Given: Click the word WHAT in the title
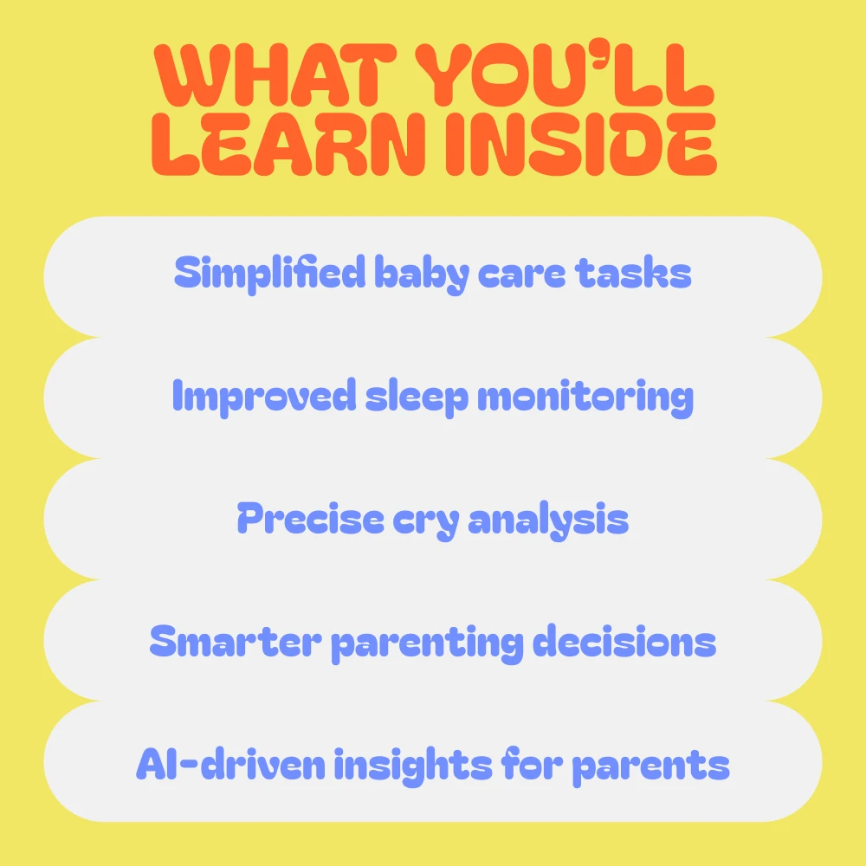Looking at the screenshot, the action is [275, 75].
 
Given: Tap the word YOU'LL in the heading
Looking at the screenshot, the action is [565, 75].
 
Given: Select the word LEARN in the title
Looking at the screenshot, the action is [288, 145].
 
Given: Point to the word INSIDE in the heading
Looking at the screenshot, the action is [581, 145].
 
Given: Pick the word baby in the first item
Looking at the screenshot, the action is [422, 275].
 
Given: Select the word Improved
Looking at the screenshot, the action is [264, 397].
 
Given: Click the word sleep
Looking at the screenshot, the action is [417, 397].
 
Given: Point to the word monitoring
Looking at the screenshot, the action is [585, 397].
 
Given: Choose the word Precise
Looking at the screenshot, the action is [310, 518].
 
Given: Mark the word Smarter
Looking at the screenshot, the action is [236, 641].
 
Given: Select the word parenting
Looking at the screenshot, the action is [427, 644].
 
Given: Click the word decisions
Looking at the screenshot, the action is [624, 641].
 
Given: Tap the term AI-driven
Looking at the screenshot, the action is [230, 763].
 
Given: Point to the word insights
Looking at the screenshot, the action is [412, 766].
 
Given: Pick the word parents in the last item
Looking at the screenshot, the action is [650, 767].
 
